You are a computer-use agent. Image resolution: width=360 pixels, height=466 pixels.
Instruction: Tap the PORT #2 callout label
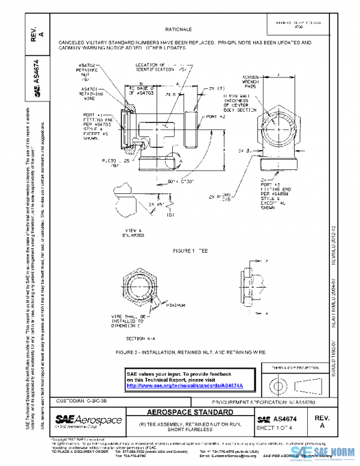click(215, 116)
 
